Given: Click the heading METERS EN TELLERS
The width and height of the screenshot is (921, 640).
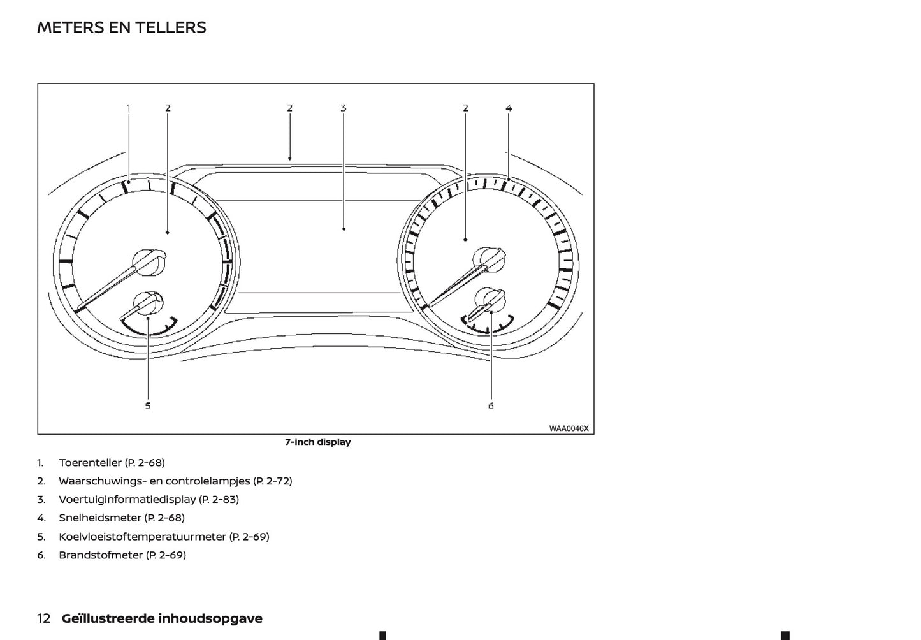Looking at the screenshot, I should (x=122, y=27).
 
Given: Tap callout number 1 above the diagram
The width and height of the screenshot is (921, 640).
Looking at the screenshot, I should (x=128, y=108).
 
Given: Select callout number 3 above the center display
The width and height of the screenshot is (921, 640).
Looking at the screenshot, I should (x=343, y=108).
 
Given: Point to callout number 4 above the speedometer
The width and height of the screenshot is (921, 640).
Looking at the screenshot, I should (x=509, y=108).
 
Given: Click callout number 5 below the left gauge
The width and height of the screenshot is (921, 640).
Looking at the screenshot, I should (x=148, y=405).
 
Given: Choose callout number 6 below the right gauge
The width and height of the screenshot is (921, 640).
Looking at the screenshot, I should (x=491, y=405).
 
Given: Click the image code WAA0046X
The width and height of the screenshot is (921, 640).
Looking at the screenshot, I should (x=569, y=428).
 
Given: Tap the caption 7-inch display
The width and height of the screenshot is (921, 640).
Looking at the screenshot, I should (x=317, y=442).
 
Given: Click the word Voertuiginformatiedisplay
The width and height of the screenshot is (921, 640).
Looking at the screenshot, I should (x=127, y=499).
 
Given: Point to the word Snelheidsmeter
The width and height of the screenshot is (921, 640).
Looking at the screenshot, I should (x=99, y=518).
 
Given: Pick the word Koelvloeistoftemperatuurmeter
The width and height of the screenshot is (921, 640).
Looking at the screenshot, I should (x=142, y=536).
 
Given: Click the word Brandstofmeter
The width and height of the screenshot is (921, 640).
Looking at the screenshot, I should (x=101, y=555).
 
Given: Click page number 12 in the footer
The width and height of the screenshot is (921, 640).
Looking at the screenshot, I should (x=44, y=618).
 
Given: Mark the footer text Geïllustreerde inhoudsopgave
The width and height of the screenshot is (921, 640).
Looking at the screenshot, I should (x=162, y=618).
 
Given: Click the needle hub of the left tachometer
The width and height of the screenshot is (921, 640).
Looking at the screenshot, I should (x=149, y=262).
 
